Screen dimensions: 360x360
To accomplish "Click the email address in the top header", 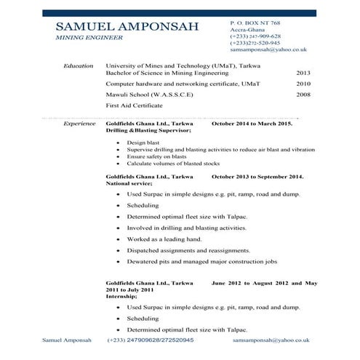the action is [x=268, y=49].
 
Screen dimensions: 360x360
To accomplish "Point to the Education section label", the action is [x=79, y=66].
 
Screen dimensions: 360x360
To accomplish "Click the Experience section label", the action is [x=80, y=124].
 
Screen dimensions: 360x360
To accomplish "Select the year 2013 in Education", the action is [x=303, y=73].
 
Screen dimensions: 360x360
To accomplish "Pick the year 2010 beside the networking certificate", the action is [x=303, y=84].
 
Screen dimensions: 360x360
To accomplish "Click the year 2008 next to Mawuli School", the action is [x=303, y=95].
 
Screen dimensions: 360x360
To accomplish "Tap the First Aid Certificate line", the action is [x=134, y=106].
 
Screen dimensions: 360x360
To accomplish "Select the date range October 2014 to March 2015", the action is [x=251, y=124].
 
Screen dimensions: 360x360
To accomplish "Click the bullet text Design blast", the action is [x=143, y=143].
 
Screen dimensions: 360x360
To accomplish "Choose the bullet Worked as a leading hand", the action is [x=164, y=239].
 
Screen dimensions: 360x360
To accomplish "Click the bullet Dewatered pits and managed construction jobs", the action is [x=201, y=260].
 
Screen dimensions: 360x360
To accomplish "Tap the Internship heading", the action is [x=121, y=297].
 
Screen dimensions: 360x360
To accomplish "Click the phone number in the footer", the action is [x=150, y=340].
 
